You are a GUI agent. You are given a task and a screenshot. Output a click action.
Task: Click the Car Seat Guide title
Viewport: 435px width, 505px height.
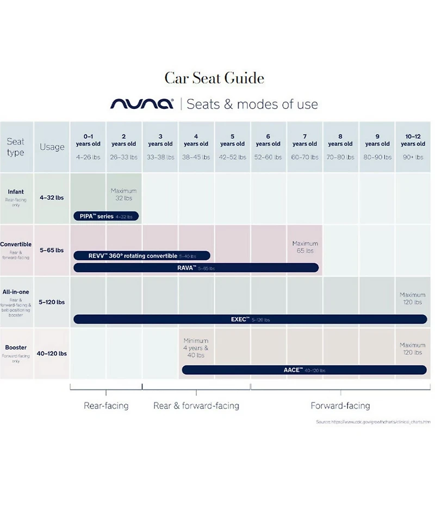coord(214,78)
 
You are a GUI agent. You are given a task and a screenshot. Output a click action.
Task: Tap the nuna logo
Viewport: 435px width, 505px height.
coord(142,104)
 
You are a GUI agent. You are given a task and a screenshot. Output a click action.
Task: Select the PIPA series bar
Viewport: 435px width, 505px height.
coord(106,216)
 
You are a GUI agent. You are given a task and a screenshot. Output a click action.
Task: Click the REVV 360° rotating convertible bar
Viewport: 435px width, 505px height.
coord(141,255)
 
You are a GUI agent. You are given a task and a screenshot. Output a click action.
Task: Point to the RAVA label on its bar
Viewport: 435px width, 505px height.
coord(187,268)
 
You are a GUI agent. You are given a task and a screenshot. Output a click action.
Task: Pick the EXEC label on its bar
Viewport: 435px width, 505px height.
coord(240,320)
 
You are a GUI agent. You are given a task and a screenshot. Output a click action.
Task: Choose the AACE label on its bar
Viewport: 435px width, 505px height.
coord(292,370)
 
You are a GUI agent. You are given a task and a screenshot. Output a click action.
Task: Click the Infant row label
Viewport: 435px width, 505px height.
coord(16,192)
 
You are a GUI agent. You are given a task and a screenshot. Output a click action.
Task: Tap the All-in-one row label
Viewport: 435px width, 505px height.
coord(16,292)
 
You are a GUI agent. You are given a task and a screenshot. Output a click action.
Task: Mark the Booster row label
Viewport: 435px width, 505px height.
coord(16,348)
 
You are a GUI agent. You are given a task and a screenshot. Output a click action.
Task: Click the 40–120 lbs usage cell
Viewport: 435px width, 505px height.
coord(52,354)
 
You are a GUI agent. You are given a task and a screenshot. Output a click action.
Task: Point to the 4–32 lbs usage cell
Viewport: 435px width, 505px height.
coord(52,198)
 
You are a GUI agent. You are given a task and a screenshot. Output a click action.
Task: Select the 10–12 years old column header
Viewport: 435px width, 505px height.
coord(413,140)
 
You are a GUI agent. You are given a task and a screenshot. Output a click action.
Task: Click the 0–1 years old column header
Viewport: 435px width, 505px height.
coord(88,140)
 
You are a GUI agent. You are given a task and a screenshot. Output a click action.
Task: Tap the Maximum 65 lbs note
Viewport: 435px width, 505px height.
coord(305,247)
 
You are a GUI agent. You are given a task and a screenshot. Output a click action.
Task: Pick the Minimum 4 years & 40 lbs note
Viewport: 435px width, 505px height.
coord(196,348)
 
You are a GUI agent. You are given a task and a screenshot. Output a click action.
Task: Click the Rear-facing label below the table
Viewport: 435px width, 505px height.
coord(106,406)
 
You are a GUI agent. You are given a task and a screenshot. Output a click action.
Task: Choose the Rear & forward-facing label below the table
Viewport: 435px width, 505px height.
coord(196,406)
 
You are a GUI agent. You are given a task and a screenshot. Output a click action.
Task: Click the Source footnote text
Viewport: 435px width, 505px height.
coord(373,422)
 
